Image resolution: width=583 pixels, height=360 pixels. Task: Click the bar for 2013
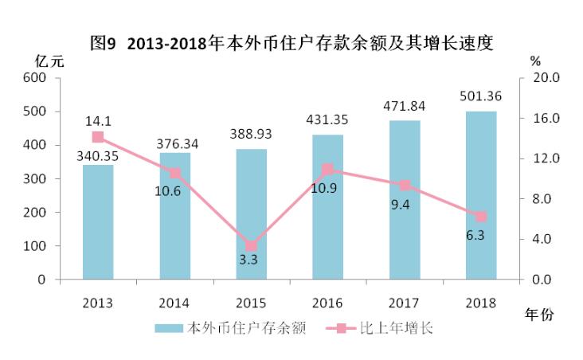[x=97, y=222]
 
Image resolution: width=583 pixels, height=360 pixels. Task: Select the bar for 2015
[x=252, y=214]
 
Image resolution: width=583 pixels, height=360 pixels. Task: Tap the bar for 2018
[x=481, y=195]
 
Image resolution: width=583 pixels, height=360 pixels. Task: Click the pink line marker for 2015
[x=252, y=246]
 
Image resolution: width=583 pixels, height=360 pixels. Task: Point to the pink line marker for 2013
[x=98, y=137]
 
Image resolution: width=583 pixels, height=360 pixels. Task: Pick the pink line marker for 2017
[x=405, y=185]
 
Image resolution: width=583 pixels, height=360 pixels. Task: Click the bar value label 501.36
[x=481, y=97]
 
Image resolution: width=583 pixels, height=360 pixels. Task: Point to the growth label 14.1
[x=98, y=121]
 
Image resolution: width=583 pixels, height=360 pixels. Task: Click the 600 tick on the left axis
[x=35, y=78]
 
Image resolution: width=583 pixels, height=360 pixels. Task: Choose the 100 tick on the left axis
[x=35, y=247]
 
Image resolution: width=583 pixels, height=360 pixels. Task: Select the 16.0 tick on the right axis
[x=546, y=119]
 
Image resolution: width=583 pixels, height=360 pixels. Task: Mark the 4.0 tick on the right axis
[x=546, y=240]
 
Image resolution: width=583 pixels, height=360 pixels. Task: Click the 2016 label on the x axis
[x=328, y=303]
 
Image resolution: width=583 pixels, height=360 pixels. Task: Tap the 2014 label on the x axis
[x=174, y=303]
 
